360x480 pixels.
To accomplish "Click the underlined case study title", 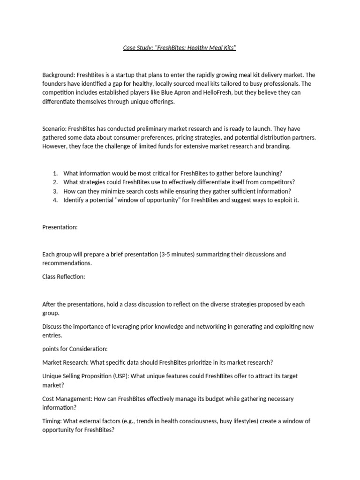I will coord(180,48).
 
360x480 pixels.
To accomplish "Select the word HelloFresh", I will coord(219,93).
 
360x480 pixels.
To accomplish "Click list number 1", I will coord(55,173).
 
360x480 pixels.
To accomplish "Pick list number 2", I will coord(55,182).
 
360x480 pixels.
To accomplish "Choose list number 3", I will coord(55,191).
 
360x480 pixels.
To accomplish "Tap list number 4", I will coord(55,200).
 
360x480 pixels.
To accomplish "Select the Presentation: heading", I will coord(60,227).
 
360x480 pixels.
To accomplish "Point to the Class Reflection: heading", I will coord(64,277).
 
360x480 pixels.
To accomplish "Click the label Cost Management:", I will coord(67,399).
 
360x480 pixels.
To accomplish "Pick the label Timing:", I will coord(52,421).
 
